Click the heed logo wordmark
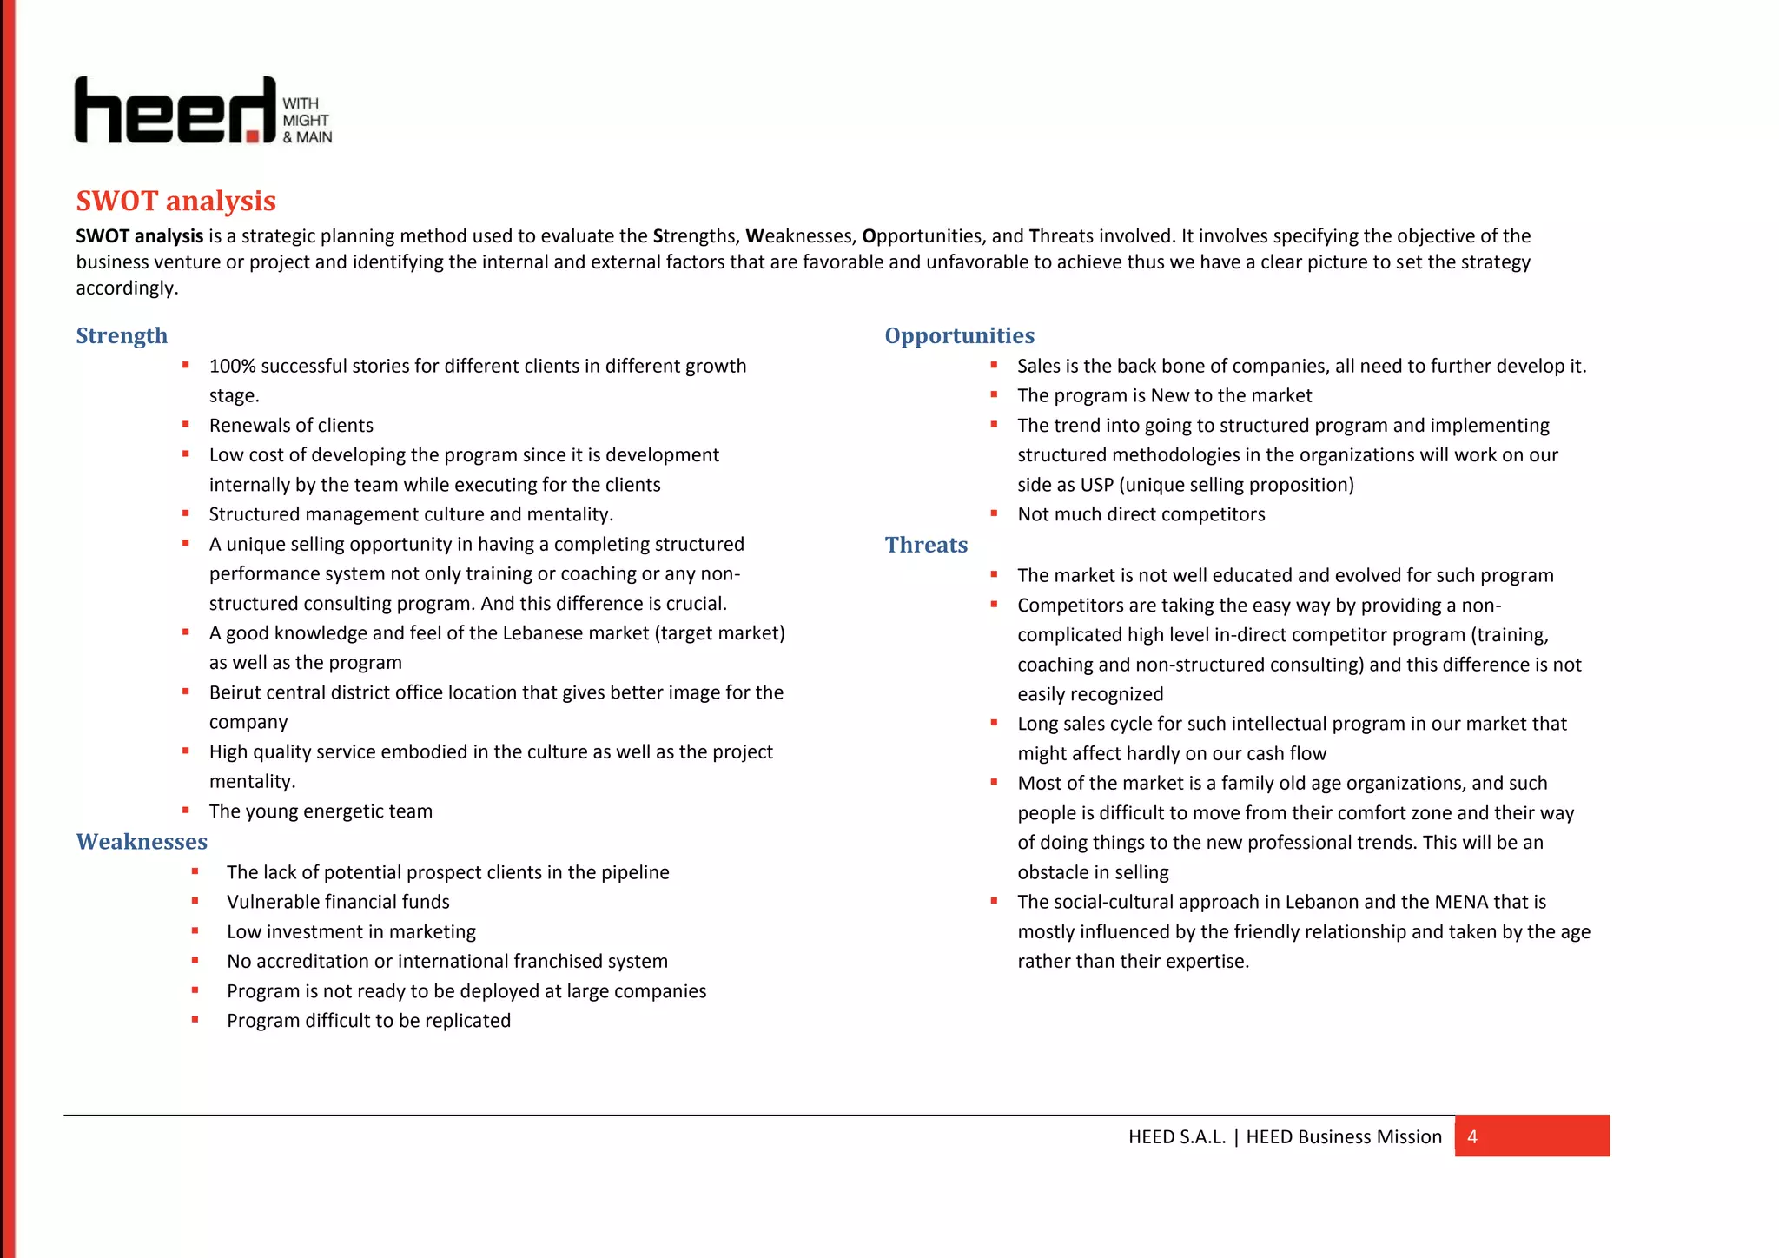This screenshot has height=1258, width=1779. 174,110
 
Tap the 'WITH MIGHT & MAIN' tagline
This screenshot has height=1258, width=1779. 307,120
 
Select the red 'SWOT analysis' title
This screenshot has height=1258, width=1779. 175,201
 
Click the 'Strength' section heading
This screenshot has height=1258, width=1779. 122,335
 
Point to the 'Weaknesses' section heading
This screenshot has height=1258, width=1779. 142,841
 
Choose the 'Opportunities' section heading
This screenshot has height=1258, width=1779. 959,335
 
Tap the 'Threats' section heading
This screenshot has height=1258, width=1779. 926,545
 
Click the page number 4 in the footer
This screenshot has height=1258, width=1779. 1471,1136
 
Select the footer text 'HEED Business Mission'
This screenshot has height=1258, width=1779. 1343,1136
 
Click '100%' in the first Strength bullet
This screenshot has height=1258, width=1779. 232,366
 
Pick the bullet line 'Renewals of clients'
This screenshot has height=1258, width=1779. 291,426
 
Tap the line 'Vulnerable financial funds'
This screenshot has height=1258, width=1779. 338,902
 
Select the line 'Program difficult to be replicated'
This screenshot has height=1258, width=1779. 368,1021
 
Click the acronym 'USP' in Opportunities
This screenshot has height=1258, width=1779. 1097,485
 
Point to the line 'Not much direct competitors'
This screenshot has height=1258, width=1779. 1141,514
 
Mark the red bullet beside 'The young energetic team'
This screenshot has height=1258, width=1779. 186,810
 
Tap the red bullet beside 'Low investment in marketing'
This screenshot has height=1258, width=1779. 195,930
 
